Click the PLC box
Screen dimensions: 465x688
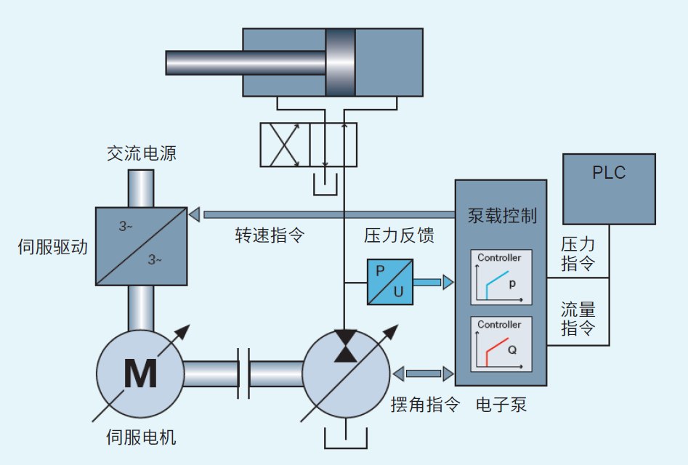[x=609, y=189]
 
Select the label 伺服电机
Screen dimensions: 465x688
[x=141, y=437]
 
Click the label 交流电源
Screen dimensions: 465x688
[x=142, y=153]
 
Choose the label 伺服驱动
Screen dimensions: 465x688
[x=52, y=247]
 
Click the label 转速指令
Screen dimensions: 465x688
[x=269, y=236]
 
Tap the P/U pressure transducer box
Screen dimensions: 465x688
[x=390, y=282]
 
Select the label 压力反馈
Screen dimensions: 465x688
[x=399, y=236]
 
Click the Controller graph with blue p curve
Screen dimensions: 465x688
[x=501, y=278]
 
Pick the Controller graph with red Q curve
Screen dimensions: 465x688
[x=501, y=344]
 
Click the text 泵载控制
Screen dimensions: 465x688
[x=502, y=216]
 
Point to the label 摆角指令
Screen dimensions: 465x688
[x=426, y=405]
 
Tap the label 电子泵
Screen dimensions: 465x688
[x=501, y=405]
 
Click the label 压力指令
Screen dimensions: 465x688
[x=578, y=252]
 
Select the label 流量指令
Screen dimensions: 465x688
[x=578, y=318]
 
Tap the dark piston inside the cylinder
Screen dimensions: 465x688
[x=340, y=62]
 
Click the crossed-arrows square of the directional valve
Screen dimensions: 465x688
[x=285, y=145]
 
